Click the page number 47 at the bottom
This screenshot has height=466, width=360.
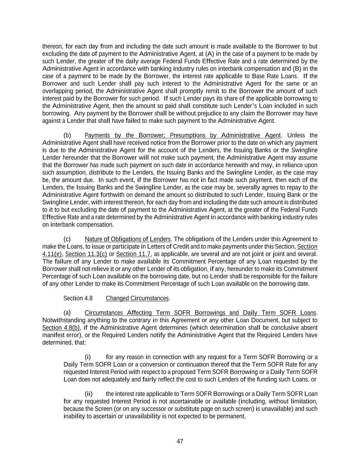[x=180, y=441]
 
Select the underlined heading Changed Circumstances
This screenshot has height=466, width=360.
[x=137, y=298]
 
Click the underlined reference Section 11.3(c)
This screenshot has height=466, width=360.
[x=86, y=254]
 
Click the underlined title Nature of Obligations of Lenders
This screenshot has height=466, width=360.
[x=128, y=239]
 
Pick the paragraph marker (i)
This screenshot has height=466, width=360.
[x=88, y=357]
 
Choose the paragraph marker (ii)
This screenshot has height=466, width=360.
[x=88, y=394]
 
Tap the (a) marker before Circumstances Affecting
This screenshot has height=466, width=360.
[x=67, y=313]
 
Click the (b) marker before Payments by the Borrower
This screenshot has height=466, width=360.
[x=67, y=135]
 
